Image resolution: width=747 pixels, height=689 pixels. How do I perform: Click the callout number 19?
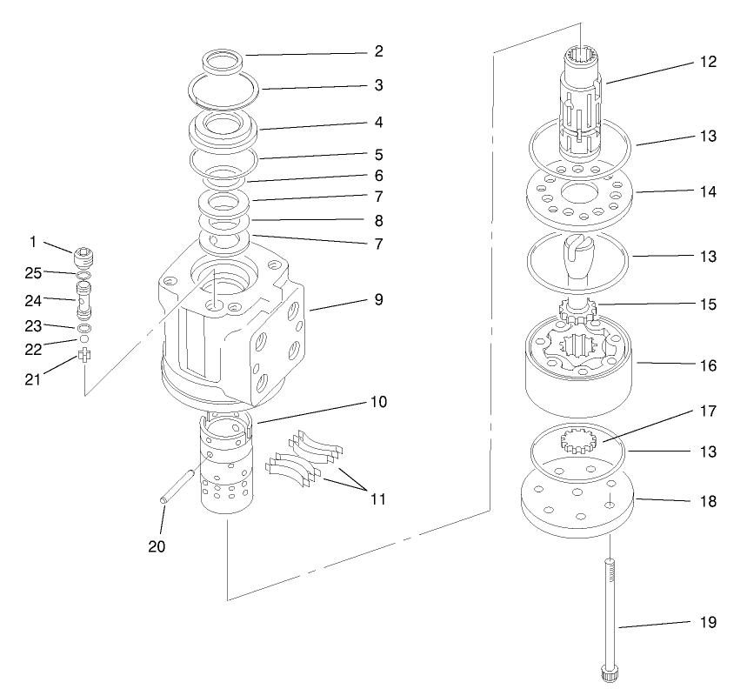709,622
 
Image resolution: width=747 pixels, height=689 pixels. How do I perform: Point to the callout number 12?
709,63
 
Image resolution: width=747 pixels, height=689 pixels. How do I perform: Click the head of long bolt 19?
609,672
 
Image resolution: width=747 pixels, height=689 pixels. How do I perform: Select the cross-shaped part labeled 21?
84,356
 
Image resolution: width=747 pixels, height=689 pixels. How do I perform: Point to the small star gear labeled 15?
576,309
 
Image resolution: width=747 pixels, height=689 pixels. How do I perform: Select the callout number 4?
378,123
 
